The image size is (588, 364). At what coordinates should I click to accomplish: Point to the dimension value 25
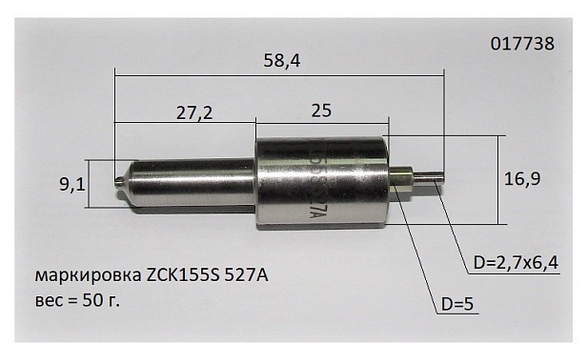(x=321, y=111)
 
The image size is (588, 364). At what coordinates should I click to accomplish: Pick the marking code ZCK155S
(x=182, y=276)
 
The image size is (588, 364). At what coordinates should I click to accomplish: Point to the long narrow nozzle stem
(x=191, y=182)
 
